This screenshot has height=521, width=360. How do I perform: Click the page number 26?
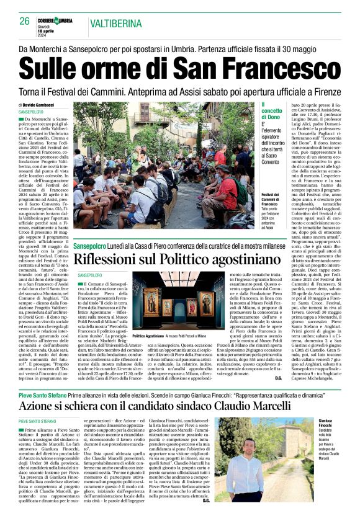pos(25,21)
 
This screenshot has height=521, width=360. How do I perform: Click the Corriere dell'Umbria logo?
pos(56,20)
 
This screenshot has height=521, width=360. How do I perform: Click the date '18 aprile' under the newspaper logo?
pos(56,30)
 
